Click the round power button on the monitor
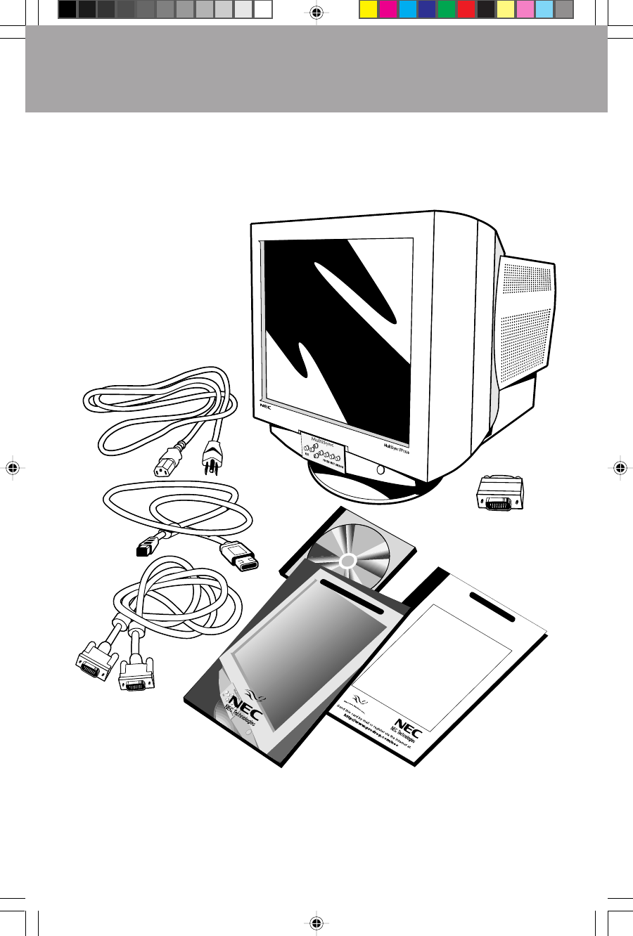point(381,469)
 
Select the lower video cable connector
point(136,675)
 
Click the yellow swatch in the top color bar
point(368,9)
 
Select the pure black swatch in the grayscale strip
point(67,9)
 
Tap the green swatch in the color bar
point(446,9)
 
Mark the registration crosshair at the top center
point(316,12)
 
